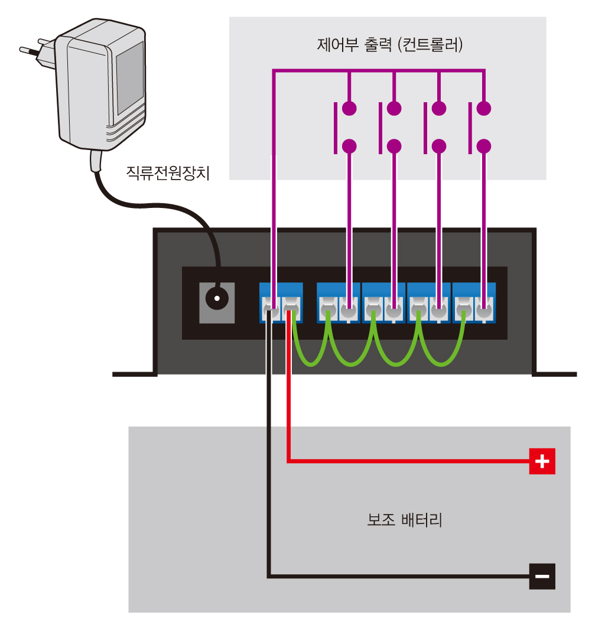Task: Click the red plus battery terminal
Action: pos(542,461)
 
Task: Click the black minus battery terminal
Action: pos(542,577)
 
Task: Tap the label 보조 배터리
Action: pos(405,520)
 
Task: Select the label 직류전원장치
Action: pos(168,173)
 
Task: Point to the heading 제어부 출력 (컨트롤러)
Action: pos(390,44)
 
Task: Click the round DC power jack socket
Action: pos(217,298)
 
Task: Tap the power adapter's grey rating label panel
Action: pos(129,78)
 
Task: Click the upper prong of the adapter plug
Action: pos(47,41)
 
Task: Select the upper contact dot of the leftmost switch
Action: pos(349,109)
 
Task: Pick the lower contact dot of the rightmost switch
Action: pos(484,146)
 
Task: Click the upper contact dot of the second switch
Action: pos(394,109)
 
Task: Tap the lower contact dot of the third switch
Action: pos(439,146)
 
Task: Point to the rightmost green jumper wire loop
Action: pos(441,364)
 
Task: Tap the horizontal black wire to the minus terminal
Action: pos(399,577)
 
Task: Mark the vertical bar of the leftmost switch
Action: pos(336,128)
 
